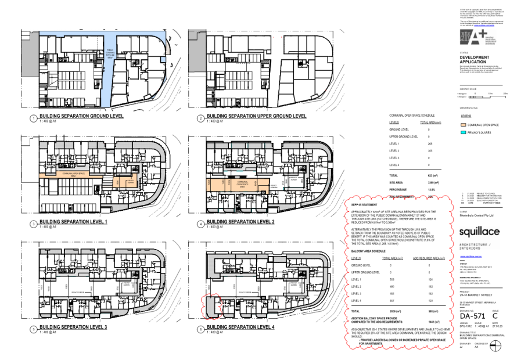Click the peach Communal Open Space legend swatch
[464, 124]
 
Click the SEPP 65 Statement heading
[364, 205]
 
